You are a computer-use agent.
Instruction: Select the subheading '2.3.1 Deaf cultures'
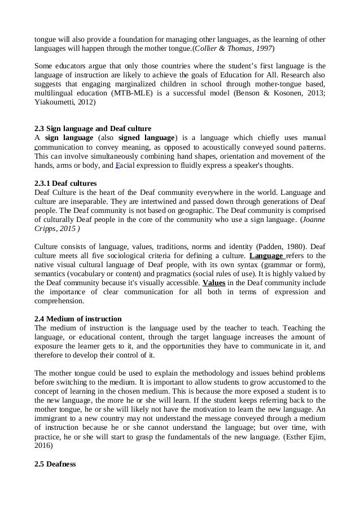click(x=65, y=184)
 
